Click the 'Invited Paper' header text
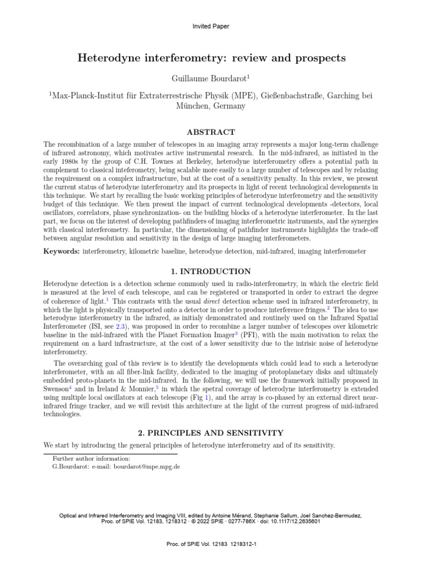tap(211, 26)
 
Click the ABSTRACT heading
tap(211, 132)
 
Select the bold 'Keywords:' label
tap(62, 251)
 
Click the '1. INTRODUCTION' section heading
tap(211, 272)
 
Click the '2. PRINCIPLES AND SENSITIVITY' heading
tap(211, 433)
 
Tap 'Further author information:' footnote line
tap(91, 458)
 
